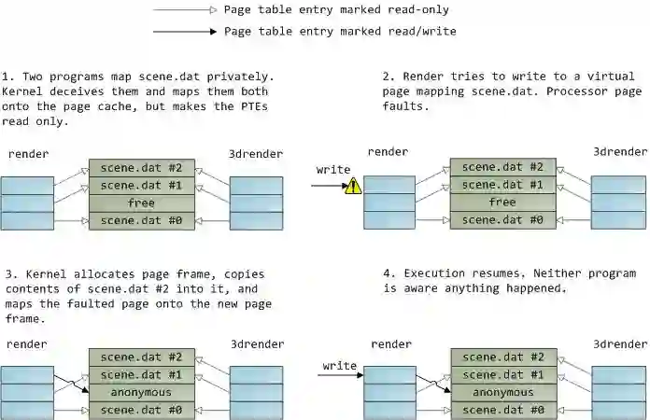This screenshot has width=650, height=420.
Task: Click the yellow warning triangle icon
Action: click(353, 186)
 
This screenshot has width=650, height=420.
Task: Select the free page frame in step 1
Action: click(141, 203)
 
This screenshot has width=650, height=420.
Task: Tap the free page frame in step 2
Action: click(502, 203)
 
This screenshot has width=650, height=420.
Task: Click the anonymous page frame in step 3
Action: click(141, 392)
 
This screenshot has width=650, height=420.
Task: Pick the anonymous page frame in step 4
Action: click(502, 392)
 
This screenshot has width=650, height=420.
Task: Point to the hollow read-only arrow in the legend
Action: click(186, 10)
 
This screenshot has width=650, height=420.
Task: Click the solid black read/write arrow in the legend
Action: click(186, 31)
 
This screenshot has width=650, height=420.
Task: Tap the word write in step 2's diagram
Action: click(333, 170)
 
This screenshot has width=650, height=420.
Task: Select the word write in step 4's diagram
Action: click(340, 365)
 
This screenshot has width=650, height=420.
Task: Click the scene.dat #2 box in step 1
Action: click(141, 168)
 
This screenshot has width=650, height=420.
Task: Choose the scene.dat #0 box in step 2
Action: click(502, 220)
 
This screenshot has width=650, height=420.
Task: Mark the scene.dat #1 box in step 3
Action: click(141, 374)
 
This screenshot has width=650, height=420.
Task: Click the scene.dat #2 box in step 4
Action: click(502, 357)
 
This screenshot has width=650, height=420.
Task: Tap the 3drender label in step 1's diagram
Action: click(256, 152)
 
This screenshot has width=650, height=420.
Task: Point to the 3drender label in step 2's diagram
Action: click(620, 152)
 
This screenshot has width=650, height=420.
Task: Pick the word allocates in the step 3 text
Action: click(99, 274)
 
